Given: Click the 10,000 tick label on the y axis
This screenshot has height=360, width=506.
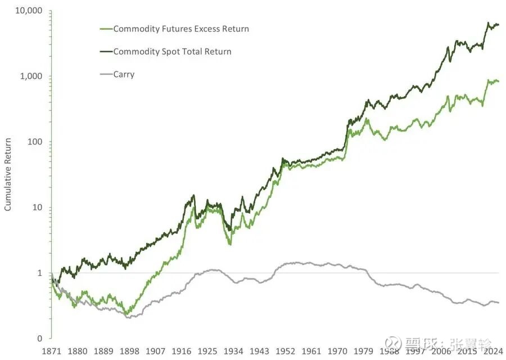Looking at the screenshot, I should coord(27,11).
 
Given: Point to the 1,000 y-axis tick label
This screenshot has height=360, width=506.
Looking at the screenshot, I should coord(31,76).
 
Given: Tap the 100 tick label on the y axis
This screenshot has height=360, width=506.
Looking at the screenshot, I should coord(35,142).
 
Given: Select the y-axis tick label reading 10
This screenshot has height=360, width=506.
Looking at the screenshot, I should coord(37,208).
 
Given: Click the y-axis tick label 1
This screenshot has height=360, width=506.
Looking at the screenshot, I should coord(40,273).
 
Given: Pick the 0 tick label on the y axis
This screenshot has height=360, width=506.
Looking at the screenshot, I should coord(40,339).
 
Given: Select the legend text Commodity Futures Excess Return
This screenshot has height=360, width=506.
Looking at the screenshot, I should coord(181,29).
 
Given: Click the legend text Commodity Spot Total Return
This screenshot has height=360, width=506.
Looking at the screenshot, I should coord(172,51).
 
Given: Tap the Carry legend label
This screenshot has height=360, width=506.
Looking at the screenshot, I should coord(124,74).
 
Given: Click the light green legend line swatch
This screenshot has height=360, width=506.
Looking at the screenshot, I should coord(105,29).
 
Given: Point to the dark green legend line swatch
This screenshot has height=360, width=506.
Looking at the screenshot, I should coord(105,51).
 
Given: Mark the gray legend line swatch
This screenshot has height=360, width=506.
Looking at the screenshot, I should coord(105,74).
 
